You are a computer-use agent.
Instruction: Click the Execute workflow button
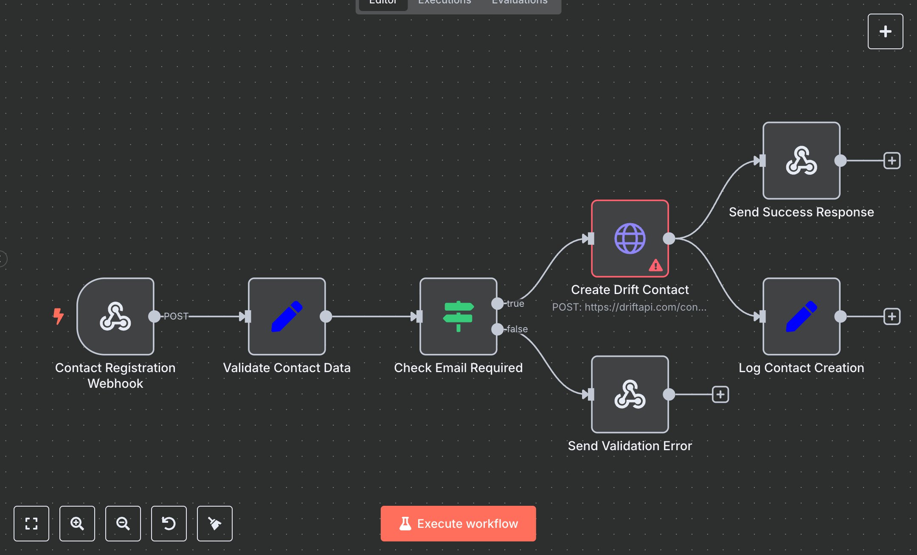click(458, 523)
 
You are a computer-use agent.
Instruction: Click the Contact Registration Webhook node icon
click(115, 317)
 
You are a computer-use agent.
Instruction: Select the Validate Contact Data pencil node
click(287, 317)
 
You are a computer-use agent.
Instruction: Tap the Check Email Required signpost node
click(458, 317)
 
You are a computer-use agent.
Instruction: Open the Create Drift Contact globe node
click(630, 238)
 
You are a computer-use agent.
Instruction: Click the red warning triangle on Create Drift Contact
click(655, 266)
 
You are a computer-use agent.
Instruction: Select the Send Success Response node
click(802, 161)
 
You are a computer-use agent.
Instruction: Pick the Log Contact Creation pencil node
click(802, 317)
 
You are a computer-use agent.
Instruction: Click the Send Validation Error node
click(630, 395)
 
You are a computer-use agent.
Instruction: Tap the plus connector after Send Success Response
click(892, 161)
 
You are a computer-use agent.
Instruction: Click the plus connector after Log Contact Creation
click(892, 317)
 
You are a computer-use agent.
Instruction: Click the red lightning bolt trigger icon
click(58, 316)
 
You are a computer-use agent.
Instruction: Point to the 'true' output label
click(515, 304)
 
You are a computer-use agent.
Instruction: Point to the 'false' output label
click(517, 329)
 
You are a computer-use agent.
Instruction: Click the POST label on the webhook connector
click(176, 317)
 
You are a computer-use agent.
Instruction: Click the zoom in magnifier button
click(77, 524)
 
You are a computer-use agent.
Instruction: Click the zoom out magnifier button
click(123, 524)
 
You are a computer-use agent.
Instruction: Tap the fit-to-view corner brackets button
click(31, 524)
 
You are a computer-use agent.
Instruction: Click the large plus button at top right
click(885, 31)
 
